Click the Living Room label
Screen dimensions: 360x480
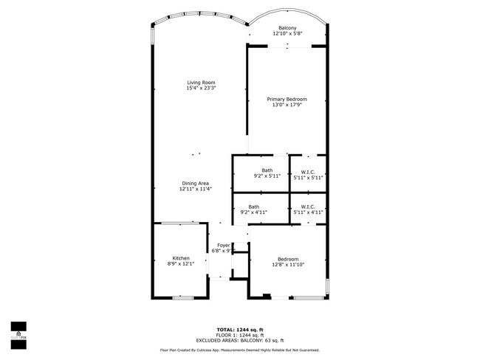(x=201, y=83)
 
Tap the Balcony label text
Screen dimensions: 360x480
(x=287, y=28)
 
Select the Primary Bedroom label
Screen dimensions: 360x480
(x=287, y=99)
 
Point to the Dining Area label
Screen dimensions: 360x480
(x=196, y=183)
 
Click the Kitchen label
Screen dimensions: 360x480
(x=181, y=258)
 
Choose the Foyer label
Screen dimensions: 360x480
(x=223, y=245)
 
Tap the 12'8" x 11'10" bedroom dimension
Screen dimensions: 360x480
(x=288, y=265)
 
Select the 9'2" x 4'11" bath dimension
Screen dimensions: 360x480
(x=253, y=212)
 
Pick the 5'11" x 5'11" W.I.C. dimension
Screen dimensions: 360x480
(x=308, y=177)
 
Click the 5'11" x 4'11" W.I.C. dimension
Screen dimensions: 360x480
(x=308, y=212)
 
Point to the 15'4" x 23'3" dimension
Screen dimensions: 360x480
(x=201, y=89)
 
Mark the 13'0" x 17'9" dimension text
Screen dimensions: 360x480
(x=287, y=105)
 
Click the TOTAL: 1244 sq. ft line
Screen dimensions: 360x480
(x=240, y=329)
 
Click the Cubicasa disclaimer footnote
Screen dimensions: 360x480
(x=240, y=350)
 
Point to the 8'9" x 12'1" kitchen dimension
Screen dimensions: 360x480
(x=181, y=264)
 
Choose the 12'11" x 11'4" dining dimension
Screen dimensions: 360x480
(x=196, y=189)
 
